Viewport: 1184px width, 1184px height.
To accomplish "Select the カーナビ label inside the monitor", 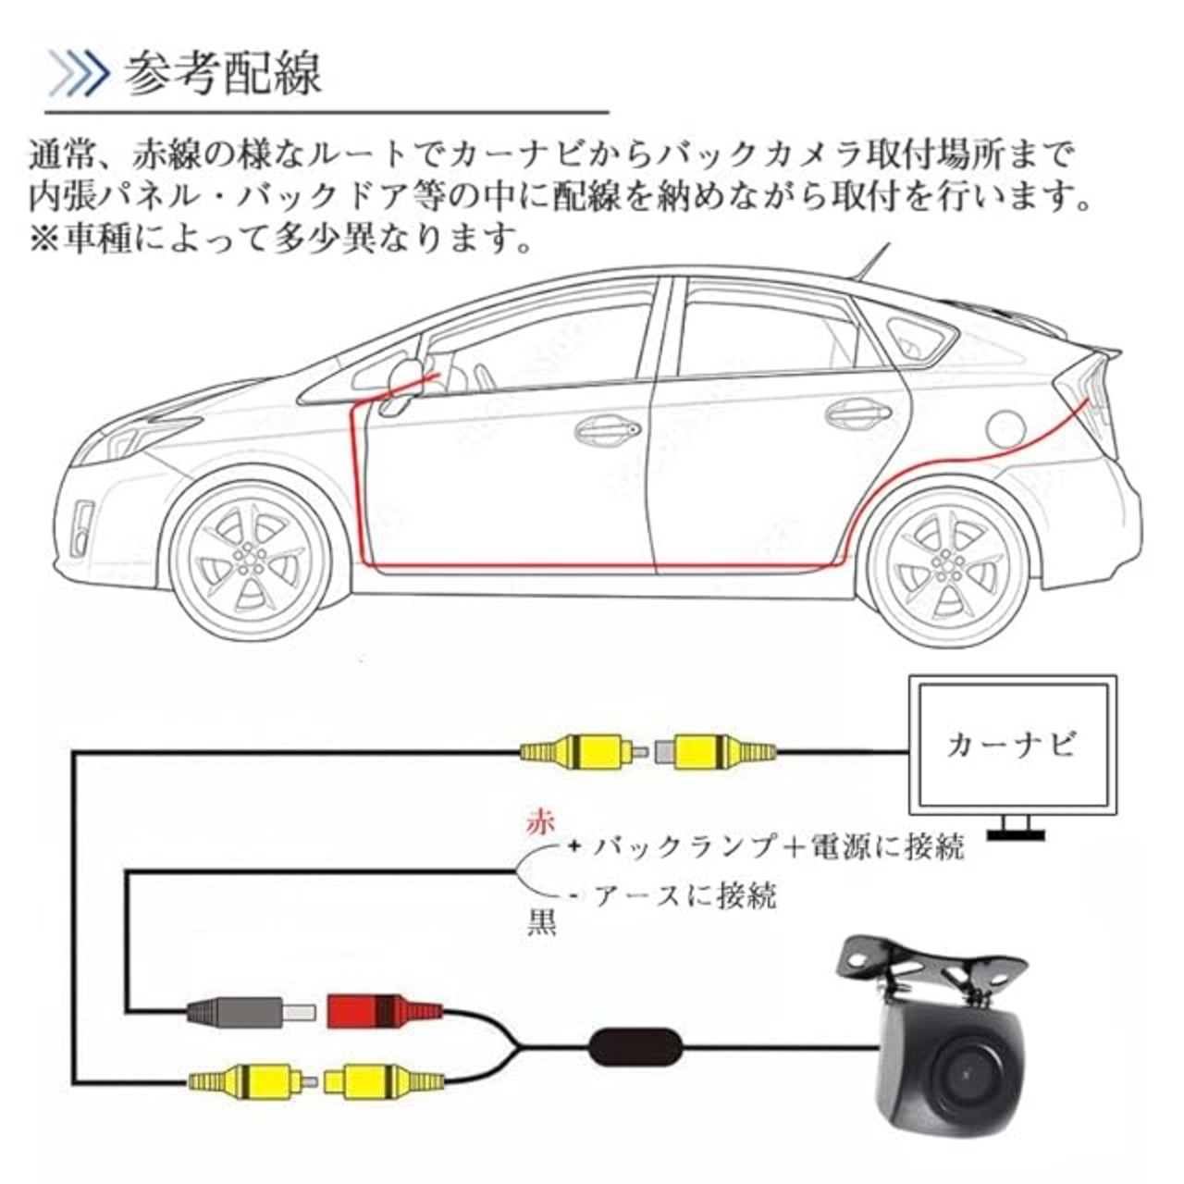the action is coord(1011,746).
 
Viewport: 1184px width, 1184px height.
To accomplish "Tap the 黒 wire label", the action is coord(541,923).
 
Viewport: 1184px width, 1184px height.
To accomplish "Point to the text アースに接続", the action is coord(684,895).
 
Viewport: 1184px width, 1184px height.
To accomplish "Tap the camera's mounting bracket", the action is coord(930,963).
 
